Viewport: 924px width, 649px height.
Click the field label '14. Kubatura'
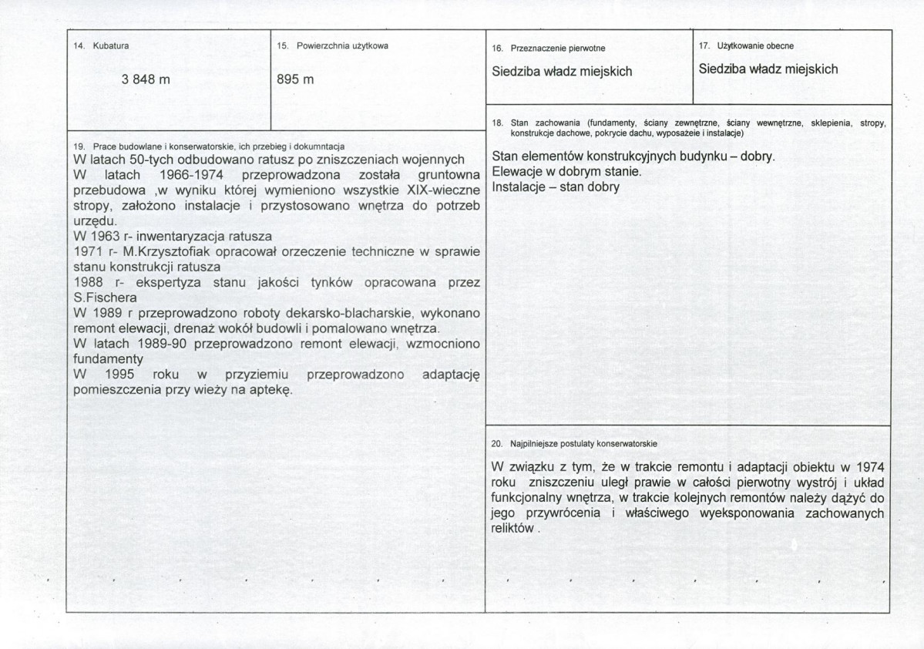coord(101,46)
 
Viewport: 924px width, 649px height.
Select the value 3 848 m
coord(146,79)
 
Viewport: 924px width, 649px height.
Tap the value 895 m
coord(295,79)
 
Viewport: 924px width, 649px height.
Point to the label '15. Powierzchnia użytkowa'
coord(332,46)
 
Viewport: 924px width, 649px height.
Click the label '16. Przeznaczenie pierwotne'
coord(548,48)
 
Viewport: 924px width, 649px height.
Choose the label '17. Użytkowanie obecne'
coord(746,46)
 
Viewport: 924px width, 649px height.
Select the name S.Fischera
coord(106,298)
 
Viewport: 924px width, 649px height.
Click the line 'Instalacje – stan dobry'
coord(555,187)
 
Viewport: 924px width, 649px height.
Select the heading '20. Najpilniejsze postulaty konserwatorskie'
coord(573,444)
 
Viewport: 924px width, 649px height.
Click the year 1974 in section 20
coord(869,467)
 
